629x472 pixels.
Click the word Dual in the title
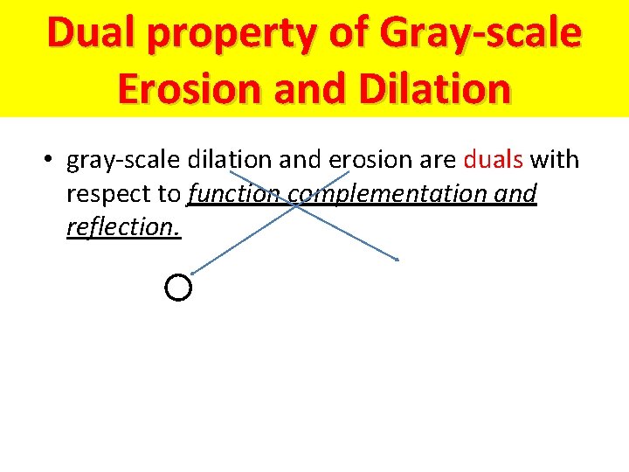[x=94, y=33]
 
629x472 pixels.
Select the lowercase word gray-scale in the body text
[x=121, y=161]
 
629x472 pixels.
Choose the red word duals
[x=492, y=160]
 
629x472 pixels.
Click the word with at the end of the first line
[x=554, y=160]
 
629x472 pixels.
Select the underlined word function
[x=233, y=194]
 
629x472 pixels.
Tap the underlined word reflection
[x=123, y=227]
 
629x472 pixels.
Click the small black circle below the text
[x=177, y=287]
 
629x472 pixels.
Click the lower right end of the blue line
[x=398, y=260]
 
